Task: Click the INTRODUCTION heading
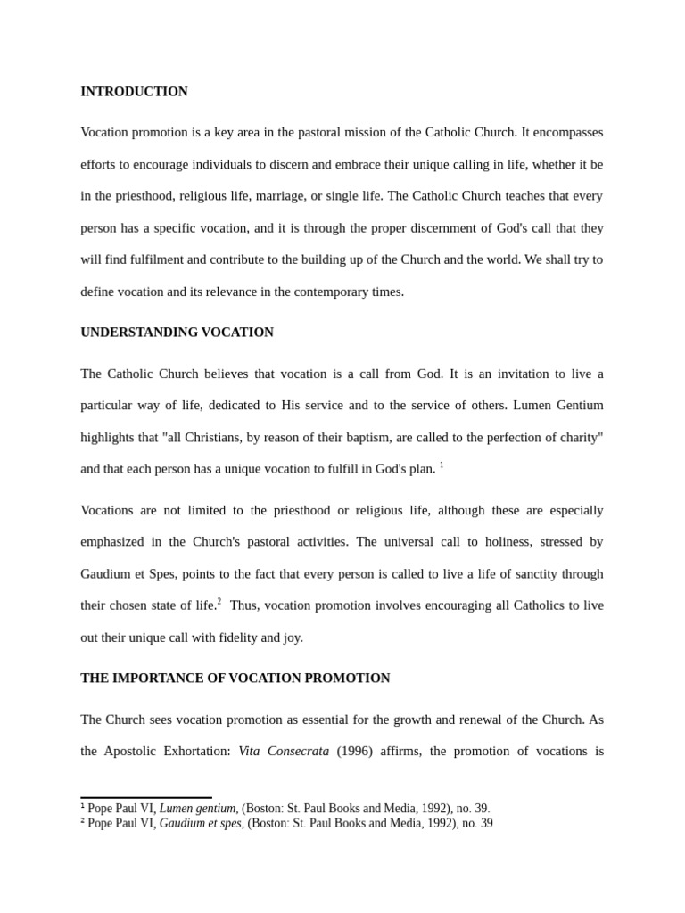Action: [134, 92]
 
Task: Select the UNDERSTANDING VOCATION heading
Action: [177, 333]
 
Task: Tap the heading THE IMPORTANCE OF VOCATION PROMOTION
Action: [235, 679]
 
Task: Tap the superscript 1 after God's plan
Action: [442, 465]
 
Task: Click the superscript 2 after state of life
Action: [219, 602]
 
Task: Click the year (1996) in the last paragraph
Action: [354, 752]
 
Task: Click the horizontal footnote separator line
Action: [146, 798]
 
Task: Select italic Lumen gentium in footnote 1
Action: [198, 809]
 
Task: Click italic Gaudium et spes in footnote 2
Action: [201, 824]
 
